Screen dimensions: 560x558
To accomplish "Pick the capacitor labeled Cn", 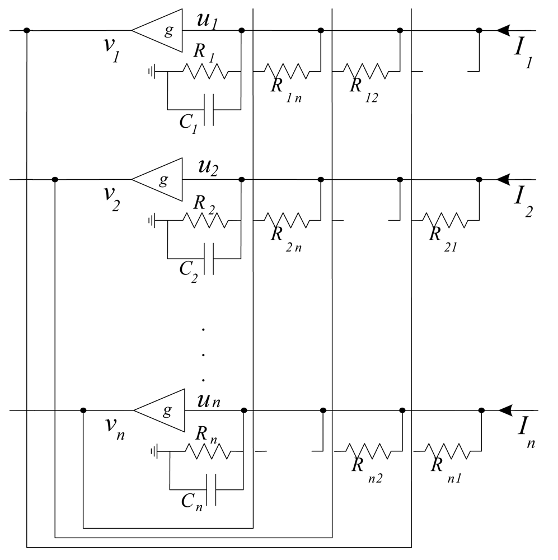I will pos(210,489).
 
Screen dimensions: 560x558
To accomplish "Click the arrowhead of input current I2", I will pos(503,180).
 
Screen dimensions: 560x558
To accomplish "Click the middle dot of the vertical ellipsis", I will pos(204,354).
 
